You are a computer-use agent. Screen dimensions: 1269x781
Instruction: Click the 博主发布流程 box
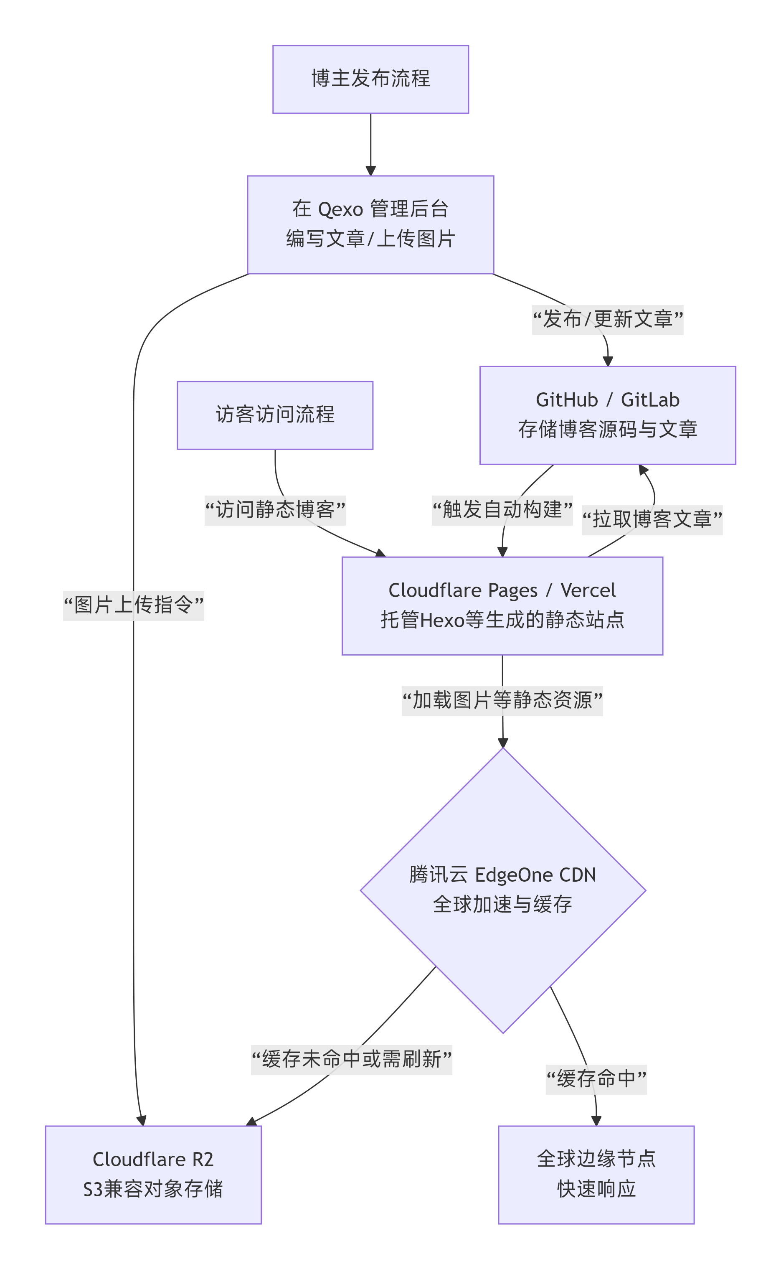(370, 79)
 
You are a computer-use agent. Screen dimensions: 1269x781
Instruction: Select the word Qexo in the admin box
(340, 210)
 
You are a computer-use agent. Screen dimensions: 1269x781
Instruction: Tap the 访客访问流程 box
(275, 415)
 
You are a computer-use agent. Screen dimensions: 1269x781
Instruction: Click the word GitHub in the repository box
(567, 400)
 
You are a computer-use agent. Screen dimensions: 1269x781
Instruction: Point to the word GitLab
(650, 400)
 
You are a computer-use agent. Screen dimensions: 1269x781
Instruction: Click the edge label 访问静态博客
(275, 510)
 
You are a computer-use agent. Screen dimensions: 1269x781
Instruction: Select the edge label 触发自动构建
(502, 510)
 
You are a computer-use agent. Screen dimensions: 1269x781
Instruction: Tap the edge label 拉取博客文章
(652, 519)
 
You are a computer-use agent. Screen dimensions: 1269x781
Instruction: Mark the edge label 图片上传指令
(133, 605)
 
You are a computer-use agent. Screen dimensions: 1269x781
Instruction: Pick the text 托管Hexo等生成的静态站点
(502, 620)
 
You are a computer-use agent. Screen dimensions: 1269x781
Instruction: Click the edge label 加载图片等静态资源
(502, 701)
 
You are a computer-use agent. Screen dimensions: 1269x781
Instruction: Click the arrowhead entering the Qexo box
(370, 171)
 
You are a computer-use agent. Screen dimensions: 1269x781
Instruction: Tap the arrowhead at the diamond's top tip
(502, 743)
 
